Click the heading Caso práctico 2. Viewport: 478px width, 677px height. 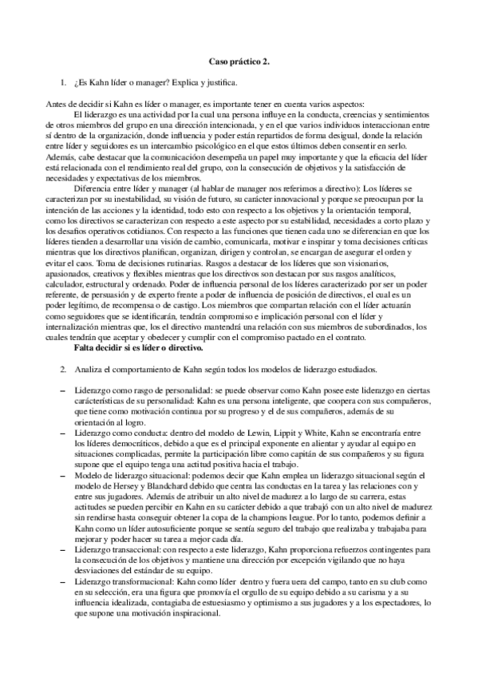(x=239, y=61)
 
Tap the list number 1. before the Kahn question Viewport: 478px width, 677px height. (x=64, y=82)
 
